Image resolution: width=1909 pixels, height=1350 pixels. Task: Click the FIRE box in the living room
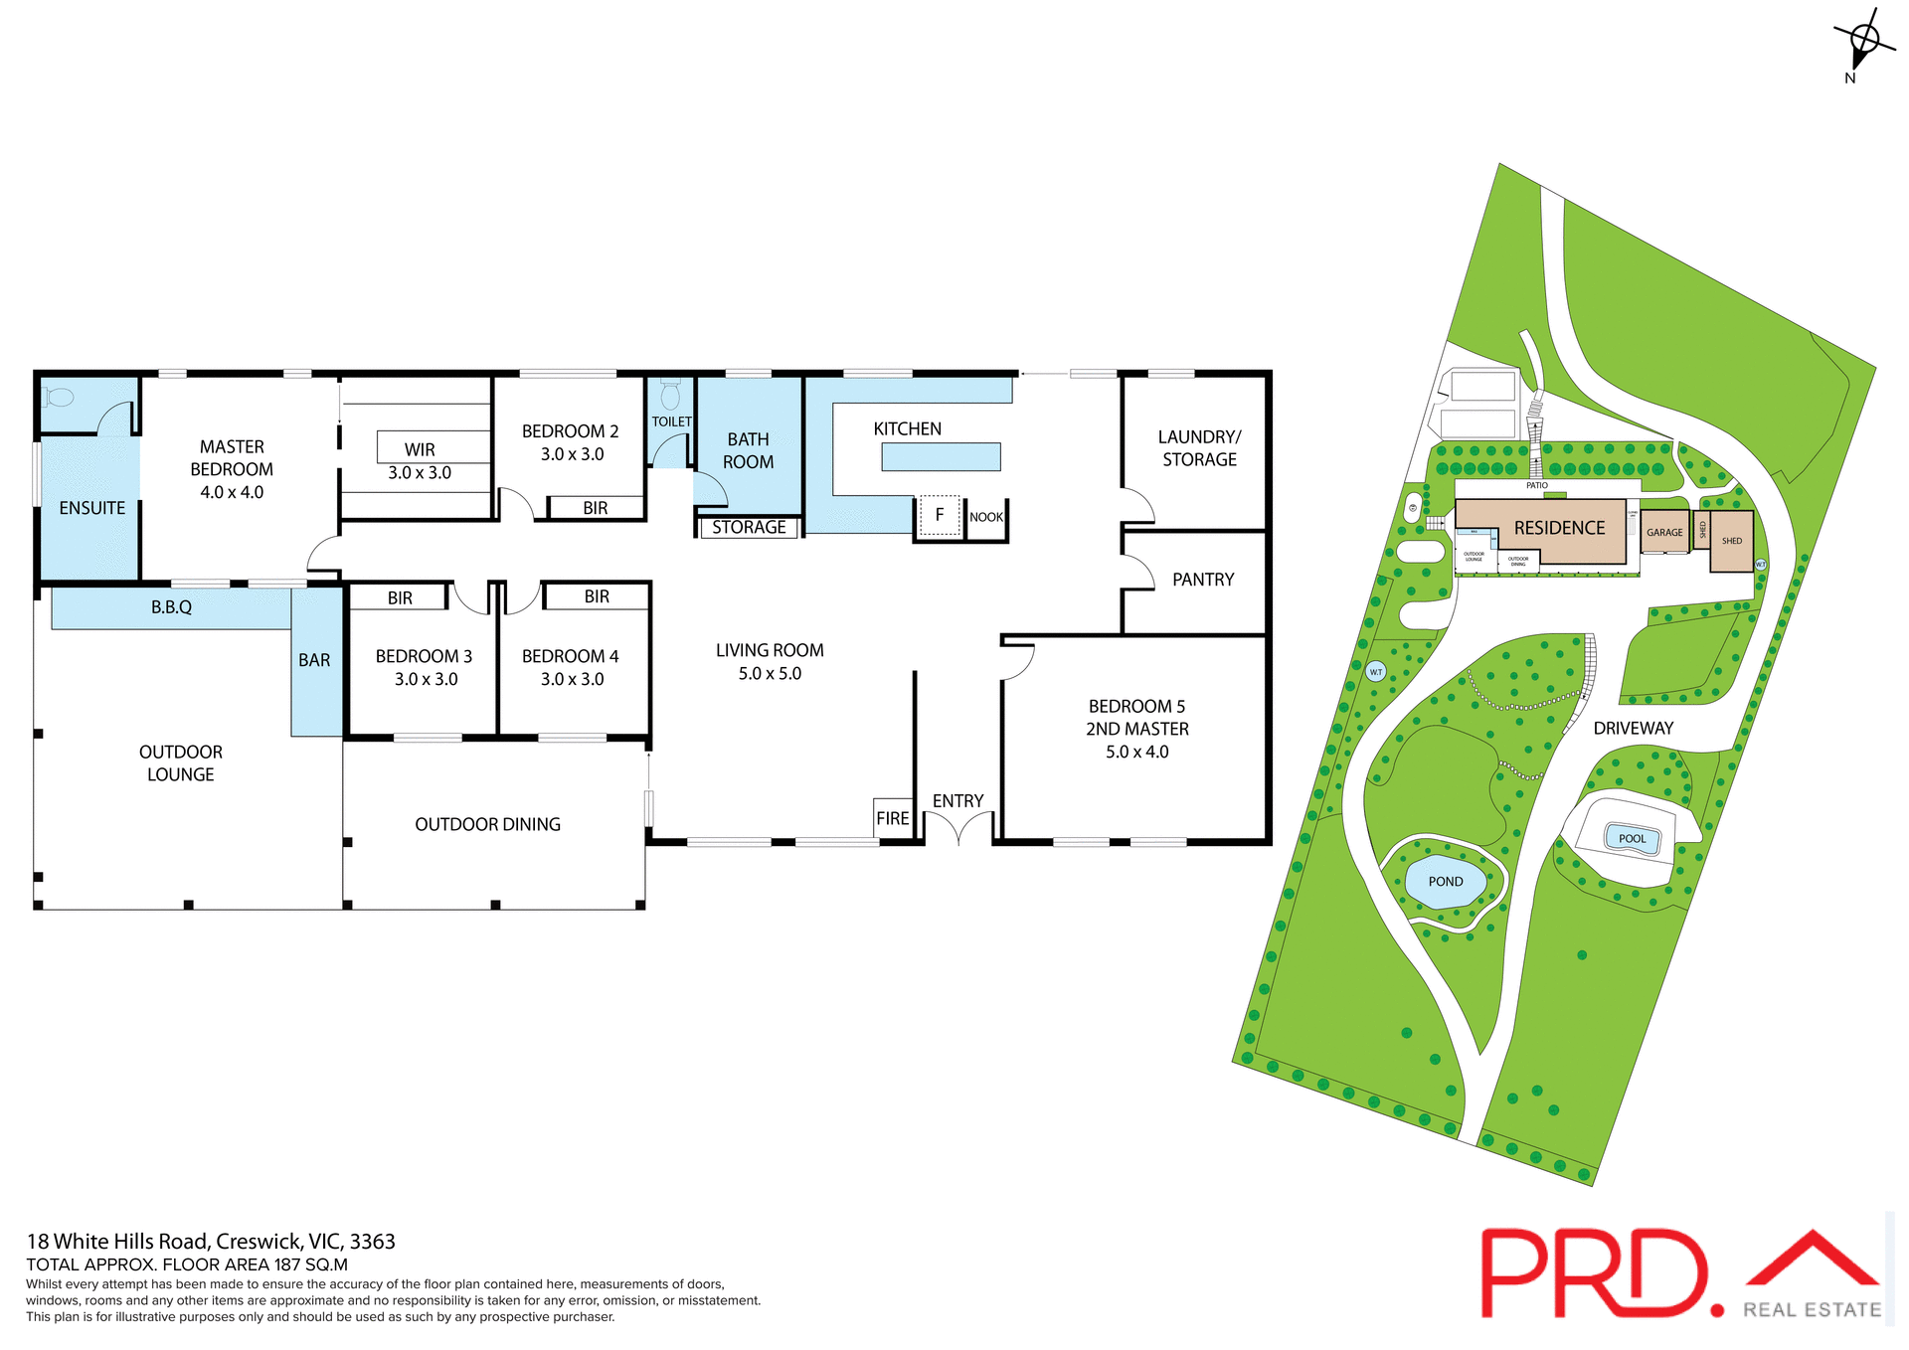tap(893, 818)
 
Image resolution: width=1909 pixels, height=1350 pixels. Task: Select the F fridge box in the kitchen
tap(939, 516)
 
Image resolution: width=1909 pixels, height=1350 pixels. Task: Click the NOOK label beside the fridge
tap(986, 517)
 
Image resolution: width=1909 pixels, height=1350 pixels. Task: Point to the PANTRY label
tap(1203, 580)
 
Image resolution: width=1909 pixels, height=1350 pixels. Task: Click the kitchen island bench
tap(941, 457)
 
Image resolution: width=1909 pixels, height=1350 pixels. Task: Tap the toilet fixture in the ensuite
tap(60, 398)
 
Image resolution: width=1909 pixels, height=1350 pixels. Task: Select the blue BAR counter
tap(315, 661)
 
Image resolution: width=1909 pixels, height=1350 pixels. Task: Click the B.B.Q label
tap(171, 607)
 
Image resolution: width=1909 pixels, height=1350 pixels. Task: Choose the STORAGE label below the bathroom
tap(749, 528)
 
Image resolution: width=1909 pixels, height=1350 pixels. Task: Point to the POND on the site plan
tap(1446, 882)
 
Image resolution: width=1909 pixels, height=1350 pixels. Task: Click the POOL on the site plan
tap(1632, 838)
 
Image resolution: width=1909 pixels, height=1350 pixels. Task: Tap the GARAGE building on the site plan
tap(1664, 532)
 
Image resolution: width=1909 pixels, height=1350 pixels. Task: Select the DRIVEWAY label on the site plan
tap(1633, 729)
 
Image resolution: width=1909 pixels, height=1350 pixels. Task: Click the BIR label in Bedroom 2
tap(595, 508)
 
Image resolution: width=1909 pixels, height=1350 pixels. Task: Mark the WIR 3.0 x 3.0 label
tap(420, 461)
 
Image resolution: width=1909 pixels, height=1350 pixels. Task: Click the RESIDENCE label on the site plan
tap(1559, 528)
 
